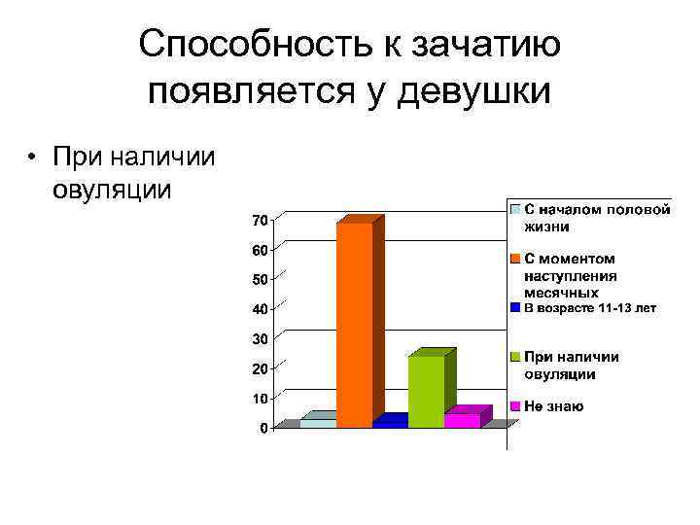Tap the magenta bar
[462, 420]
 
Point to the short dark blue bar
[390, 423]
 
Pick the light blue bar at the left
[318, 423]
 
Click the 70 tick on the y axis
[260, 221]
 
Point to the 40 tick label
[260, 309]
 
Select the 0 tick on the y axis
[263, 429]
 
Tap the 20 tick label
[260, 368]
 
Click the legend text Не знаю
[554, 405]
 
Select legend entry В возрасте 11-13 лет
[590, 308]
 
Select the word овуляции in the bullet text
[113, 188]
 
